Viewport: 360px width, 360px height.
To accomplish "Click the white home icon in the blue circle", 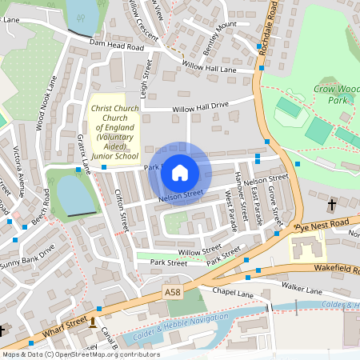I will (180, 172).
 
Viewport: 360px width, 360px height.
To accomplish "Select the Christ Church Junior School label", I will (114, 131).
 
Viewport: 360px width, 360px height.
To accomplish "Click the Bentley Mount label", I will (221, 31).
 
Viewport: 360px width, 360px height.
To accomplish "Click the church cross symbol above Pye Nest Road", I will (332, 206).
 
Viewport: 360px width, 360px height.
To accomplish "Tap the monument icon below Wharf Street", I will (93, 323).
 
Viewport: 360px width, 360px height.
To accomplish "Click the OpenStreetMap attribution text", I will (80, 354).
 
